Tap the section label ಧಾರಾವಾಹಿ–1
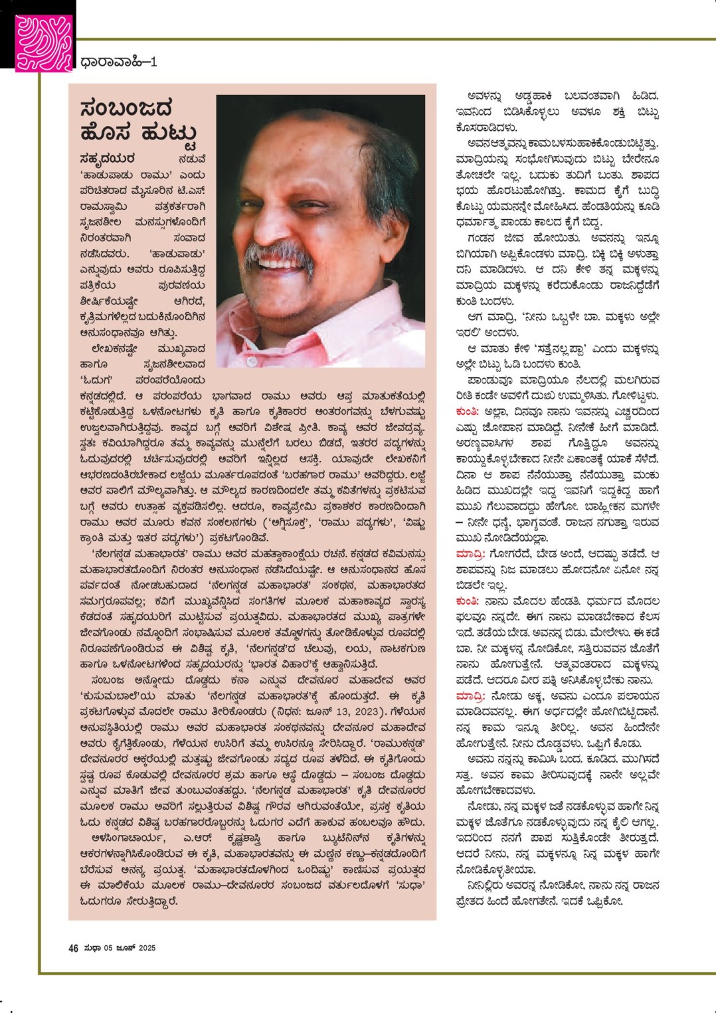[118, 62]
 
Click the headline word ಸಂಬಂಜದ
[126, 108]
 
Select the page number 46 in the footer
[74, 948]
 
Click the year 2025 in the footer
[147, 948]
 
